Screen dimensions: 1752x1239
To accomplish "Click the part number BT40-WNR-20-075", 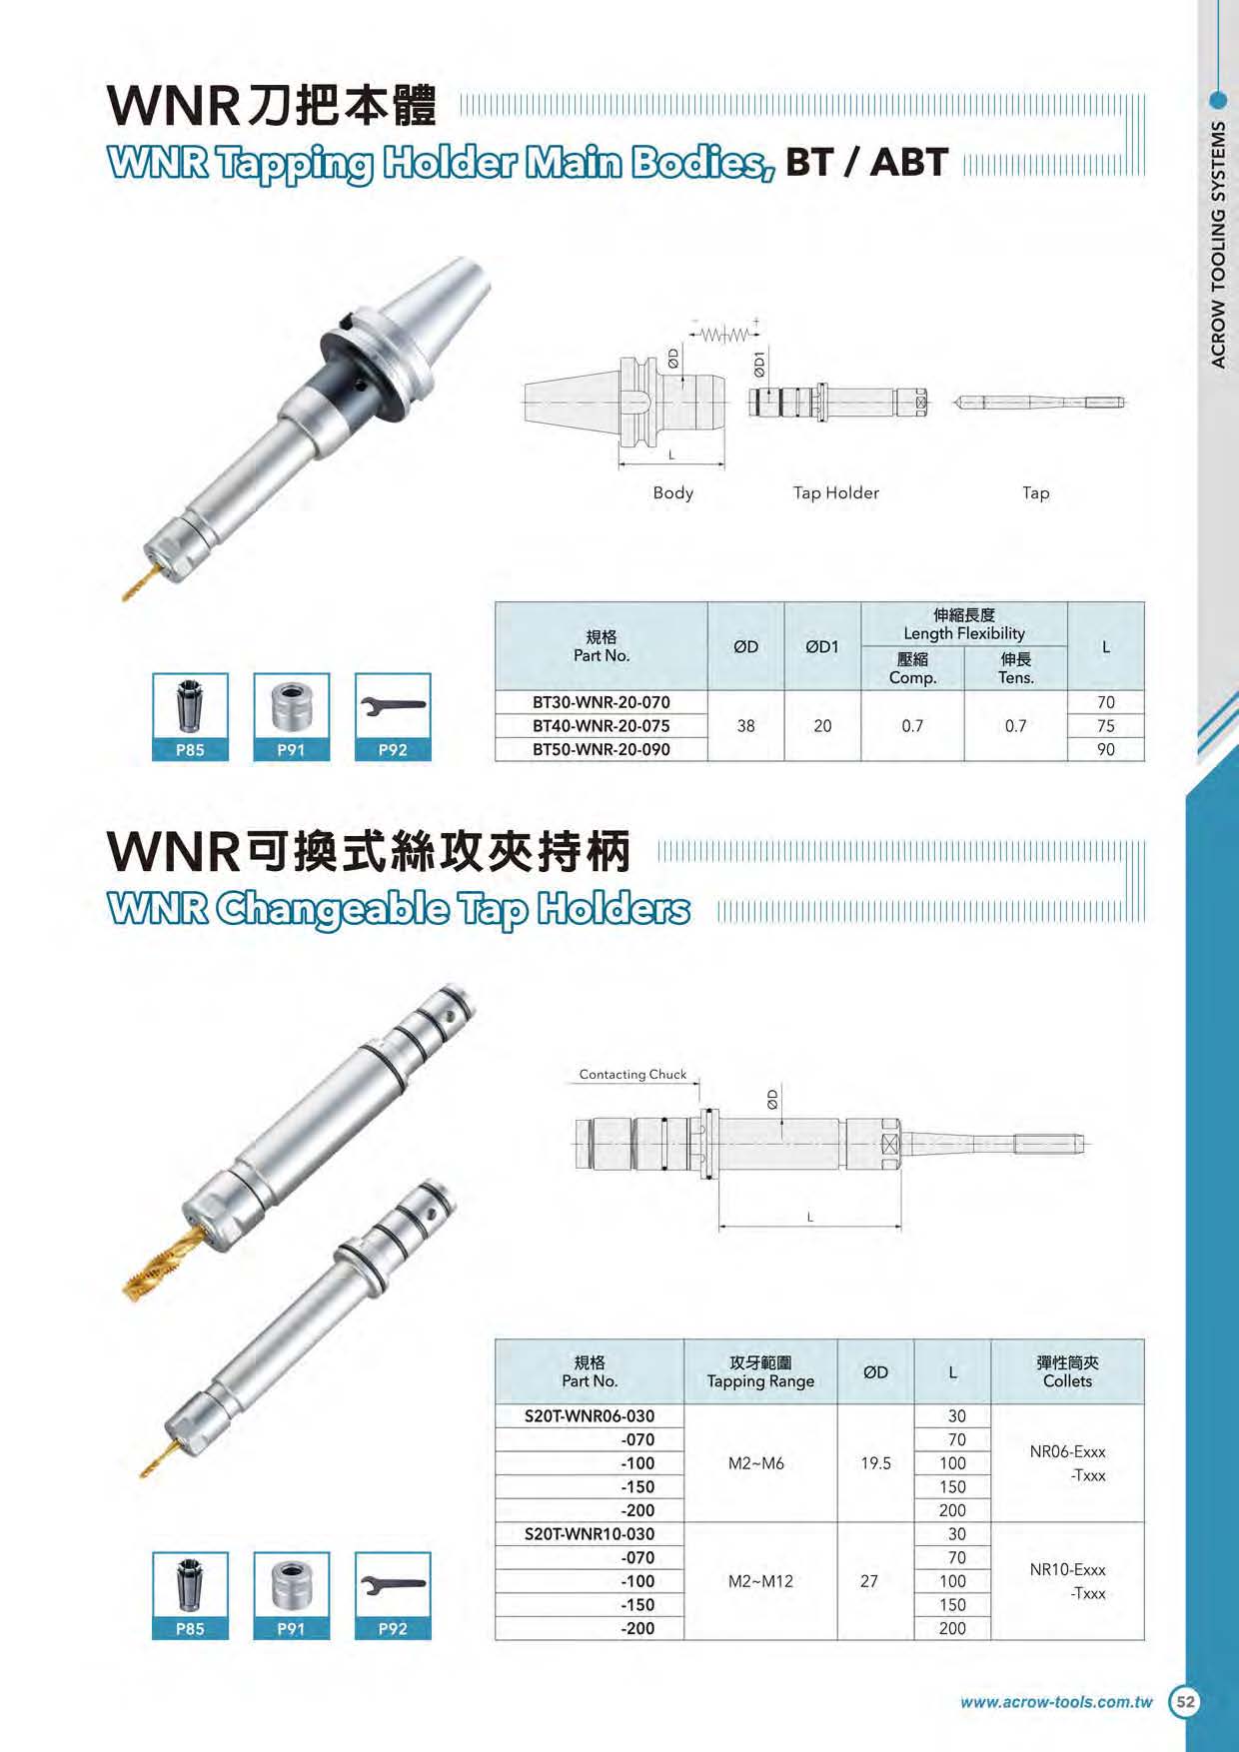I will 601,726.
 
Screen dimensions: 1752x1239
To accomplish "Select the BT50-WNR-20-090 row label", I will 601,749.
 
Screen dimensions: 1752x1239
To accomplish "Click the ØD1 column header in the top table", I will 822,646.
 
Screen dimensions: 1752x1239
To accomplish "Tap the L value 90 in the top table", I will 1105,749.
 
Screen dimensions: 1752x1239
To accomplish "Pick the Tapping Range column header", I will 760,1372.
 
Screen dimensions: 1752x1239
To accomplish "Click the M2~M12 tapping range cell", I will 760,1581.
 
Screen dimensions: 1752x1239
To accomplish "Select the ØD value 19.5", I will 875,1463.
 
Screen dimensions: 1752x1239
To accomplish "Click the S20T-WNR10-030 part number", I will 590,1534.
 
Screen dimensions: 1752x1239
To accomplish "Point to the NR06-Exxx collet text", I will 1067,1452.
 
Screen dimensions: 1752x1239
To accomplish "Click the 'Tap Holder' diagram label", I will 835,492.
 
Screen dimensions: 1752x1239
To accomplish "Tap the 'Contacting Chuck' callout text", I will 632,1075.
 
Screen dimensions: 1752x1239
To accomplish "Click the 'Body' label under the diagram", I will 672,492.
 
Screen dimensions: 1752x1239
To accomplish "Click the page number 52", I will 1185,1702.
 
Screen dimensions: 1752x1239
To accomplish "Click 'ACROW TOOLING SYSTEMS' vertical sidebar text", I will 1218,245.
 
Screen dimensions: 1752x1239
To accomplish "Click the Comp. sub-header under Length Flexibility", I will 912,668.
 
